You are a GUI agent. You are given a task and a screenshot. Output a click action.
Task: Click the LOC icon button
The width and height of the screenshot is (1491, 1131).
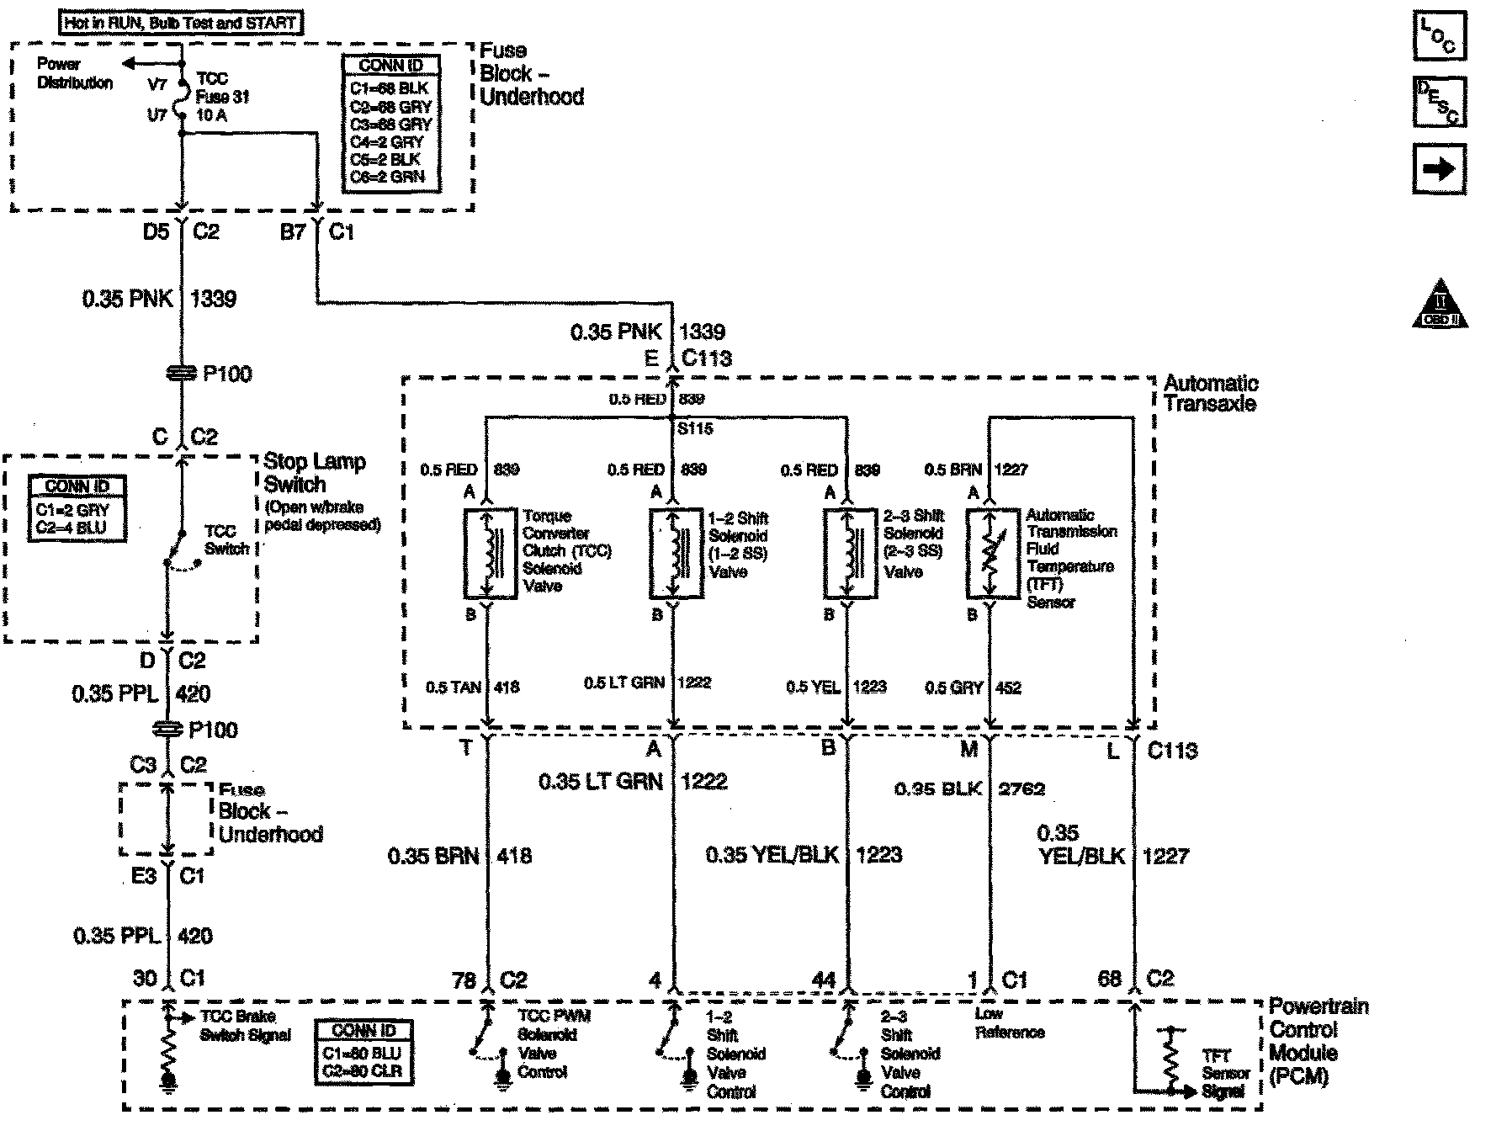(x=1439, y=35)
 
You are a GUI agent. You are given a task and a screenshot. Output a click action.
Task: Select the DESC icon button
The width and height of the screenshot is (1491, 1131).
(x=1439, y=102)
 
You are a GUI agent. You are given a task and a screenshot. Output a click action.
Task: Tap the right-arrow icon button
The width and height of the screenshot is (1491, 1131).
(x=1439, y=169)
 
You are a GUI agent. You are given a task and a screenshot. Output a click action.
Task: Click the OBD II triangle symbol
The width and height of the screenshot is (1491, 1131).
(x=1440, y=304)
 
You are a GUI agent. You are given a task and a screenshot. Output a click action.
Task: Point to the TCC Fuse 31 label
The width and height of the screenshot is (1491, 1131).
(x=222, y=97)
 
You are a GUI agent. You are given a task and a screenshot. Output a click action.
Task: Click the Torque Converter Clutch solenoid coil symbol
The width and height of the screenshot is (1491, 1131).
(x=490, y=554)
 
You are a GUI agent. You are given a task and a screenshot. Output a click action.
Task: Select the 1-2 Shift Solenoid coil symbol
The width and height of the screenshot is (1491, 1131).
(x=675, y=554)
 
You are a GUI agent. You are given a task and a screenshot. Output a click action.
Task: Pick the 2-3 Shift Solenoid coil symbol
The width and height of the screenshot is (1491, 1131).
(x=848, y=554)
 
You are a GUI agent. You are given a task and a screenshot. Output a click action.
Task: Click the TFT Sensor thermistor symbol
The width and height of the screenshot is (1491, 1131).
(x=991, y=554)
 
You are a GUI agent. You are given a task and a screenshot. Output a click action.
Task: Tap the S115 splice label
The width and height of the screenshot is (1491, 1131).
(x=695, y=429)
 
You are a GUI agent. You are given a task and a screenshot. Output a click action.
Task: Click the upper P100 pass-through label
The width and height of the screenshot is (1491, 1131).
(x=227, y=374)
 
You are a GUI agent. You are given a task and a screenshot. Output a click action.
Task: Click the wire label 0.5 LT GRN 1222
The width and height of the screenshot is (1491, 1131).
(x=647, y=682)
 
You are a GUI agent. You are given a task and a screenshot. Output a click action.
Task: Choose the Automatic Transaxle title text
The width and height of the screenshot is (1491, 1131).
(x=1210, y=393)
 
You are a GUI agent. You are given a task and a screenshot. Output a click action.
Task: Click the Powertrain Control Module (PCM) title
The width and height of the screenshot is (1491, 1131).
(x=1318, y=1041)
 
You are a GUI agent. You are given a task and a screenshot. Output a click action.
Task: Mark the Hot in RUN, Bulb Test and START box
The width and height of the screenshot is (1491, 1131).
(x=181, y=24)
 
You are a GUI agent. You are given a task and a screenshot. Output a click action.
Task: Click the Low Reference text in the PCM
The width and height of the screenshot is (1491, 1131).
(x=1009, y=1023)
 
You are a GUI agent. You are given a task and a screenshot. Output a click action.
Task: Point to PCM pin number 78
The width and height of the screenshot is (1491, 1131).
(x=464, y=980)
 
